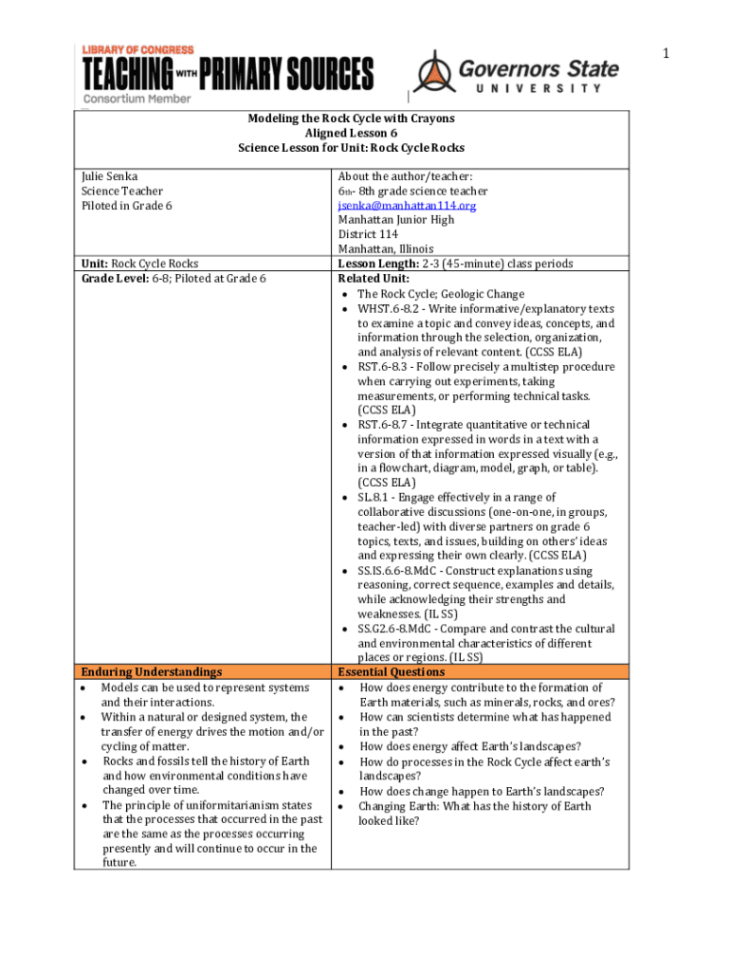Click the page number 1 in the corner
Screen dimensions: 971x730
click(x=666, y=53)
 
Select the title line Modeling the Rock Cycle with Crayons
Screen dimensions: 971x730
click(x=351, y=119)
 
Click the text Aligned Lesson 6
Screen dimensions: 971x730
click(x=351, y=134)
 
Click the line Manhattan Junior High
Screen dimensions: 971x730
click(x=395, y=220)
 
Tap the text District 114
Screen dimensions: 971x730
click(x=368, y=234)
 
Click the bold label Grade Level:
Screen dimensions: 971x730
click(x=114, y=279)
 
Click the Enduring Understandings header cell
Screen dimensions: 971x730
click(x=153, y=672)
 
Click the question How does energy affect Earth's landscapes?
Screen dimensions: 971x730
click(x=470, y=746)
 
